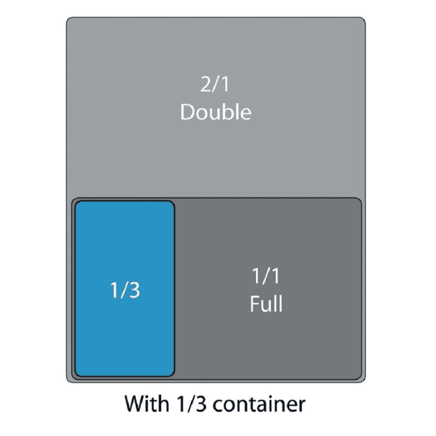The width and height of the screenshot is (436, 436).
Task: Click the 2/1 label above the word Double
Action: tap(216, 85)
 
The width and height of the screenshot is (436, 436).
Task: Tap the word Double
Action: tap(216, 112)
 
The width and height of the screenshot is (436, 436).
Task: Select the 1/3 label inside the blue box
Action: tap(125, 290)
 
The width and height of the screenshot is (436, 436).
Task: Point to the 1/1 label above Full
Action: tap(266, 276)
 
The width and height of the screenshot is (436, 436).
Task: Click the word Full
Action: tap(266, 304)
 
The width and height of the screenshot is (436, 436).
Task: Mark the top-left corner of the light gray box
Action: tap(68, 19)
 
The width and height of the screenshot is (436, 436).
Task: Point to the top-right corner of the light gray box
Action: tap(364, 19)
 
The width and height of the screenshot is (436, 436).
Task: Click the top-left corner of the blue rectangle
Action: tap(77, 202)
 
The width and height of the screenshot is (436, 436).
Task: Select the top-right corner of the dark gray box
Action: tap(360, 199)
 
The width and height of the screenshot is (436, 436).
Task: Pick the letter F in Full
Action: tap(254, 304)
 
